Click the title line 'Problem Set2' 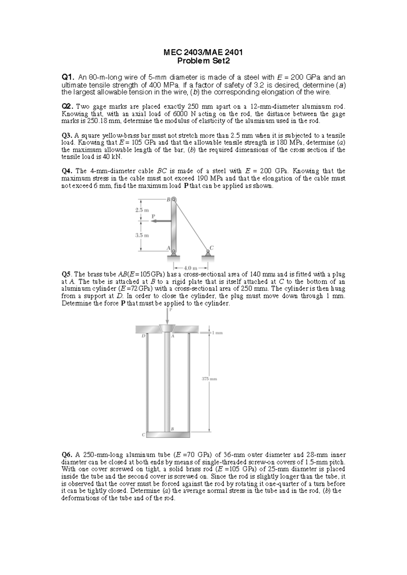(x=203, y=61)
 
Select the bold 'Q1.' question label (x=67, y=78)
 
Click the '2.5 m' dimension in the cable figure (x=142, y=210)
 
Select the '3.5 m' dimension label (x=142, y=235)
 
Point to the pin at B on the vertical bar (x=174, y=200)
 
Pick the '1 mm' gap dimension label (x=217, y=333)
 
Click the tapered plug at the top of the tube (x=167, y=328)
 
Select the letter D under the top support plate (x=143, y=336)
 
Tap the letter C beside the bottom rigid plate (x=143, y=434)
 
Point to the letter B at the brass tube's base (x=172, y=429)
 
